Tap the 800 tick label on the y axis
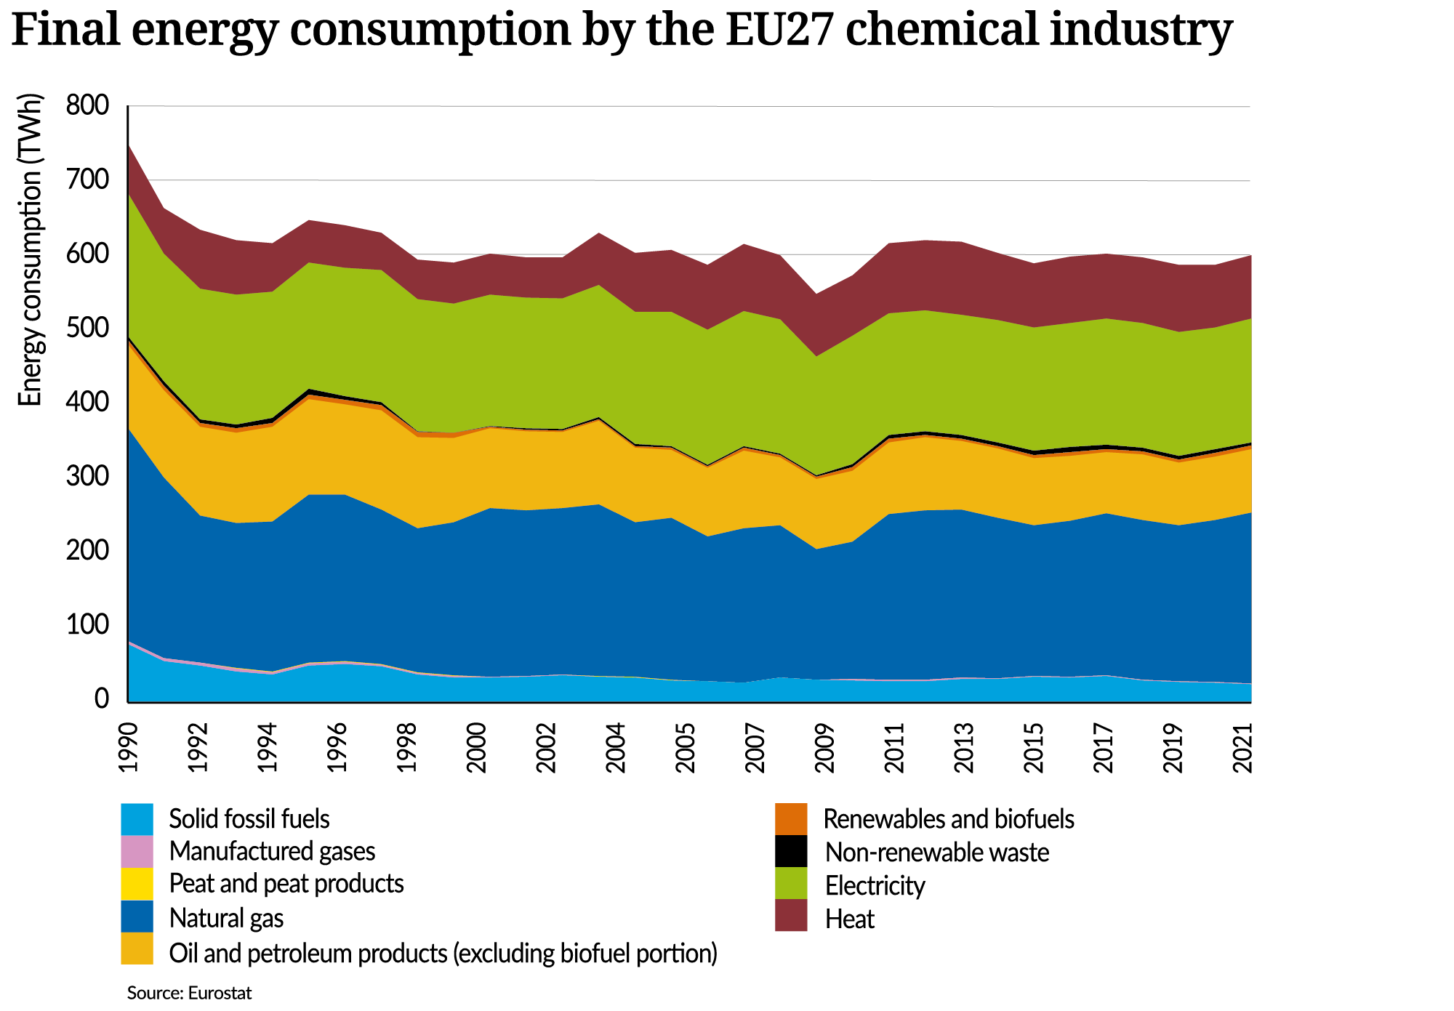(87, 106)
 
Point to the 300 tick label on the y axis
(87, 478)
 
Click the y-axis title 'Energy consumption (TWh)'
(30, 250)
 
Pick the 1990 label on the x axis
(128, 748)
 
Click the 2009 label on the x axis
(824, 748)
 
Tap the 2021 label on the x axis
(1243, 748)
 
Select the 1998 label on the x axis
(407, 748)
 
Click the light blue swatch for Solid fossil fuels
(137, 818)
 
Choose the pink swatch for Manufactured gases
(137, 851)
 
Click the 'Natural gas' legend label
(226, 918)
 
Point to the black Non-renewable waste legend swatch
(791, 851)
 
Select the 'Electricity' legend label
(875, 886)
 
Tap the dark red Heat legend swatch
(791, 916)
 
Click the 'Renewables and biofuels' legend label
(948, 819)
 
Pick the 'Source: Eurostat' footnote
(189, 993)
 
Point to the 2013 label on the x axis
(964, 748)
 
